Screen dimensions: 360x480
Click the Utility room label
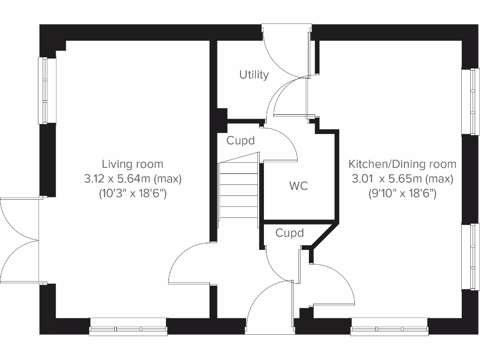tap(254, 75)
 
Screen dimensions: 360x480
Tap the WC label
tap(299, 186)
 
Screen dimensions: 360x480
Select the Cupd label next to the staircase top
tap(240, 141)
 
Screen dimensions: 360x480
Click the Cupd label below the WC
tap(289, 233)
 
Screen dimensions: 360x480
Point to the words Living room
tap(133, 164)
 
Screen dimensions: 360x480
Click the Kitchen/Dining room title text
tap(402, 164)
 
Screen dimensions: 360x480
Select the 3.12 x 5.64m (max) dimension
tap(133, 179)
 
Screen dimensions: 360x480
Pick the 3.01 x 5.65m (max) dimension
tap(402, 179)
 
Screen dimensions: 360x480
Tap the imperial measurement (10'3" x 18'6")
tap(133, 193)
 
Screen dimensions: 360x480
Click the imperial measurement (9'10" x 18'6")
tap(402, 193)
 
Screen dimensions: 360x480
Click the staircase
tap(238, 190)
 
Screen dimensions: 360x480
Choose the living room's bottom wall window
tap(128, 327)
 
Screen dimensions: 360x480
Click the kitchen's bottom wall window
tap(390, 327)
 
